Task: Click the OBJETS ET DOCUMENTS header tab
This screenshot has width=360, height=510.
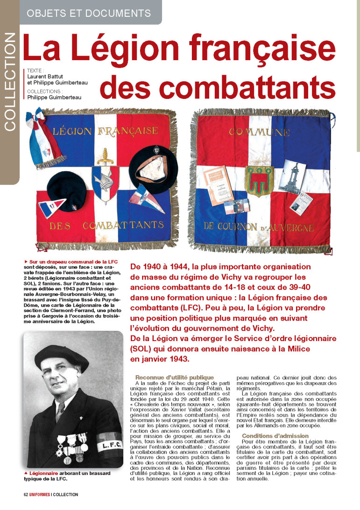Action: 89,13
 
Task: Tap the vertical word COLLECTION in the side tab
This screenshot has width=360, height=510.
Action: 9,82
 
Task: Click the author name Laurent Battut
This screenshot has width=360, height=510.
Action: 47,76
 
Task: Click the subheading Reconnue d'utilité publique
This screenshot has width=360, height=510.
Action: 174,377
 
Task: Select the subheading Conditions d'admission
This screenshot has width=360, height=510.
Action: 275,436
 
